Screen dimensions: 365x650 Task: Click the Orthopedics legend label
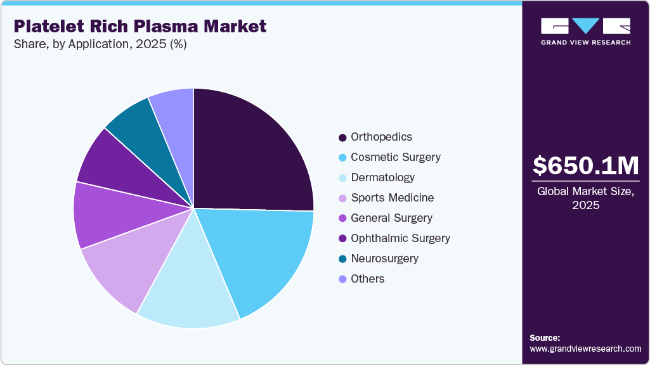tap(381, 137)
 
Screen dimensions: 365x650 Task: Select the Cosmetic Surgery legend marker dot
tap(343, 157)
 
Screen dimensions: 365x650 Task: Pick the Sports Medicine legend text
tap(392, 198)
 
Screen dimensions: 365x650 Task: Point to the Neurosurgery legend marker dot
tap(343, 259)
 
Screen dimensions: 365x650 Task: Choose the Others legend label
tap(367, 279)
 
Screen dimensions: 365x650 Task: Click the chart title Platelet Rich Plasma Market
tap(140, 26)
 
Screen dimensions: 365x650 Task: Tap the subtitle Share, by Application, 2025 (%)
tap(100, 44)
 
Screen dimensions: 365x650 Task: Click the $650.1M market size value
tap(585, 165)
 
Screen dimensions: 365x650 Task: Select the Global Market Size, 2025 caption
tap(585, 198)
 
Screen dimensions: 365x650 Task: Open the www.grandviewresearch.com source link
tap(585, 349)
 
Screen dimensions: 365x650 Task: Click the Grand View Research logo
tap(585, 31)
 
